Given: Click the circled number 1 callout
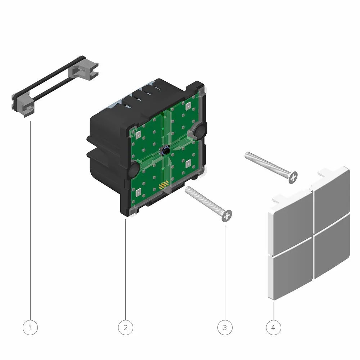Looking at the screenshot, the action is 30,327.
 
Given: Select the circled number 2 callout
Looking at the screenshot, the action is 125,327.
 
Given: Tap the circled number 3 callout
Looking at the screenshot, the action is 225,327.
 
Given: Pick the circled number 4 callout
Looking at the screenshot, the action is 273,327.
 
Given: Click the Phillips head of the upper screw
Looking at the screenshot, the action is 293,177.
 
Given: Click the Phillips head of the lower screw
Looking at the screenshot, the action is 227,216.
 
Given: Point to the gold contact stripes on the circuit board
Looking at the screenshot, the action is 164,184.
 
